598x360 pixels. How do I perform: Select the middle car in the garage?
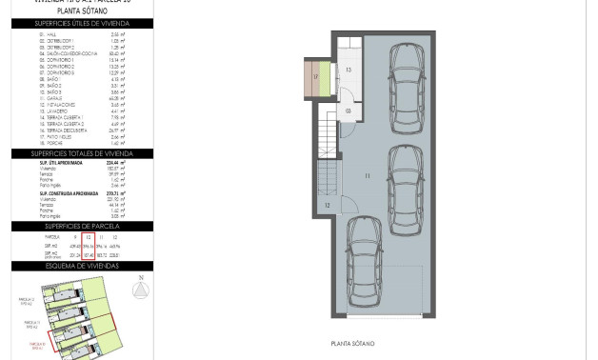tap(407, 180)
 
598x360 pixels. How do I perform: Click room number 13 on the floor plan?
tap(349, 70)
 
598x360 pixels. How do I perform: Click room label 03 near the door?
tap(349, 111)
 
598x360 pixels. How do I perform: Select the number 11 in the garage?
tap(366, 177)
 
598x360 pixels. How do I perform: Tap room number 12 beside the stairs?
tap(327, 205)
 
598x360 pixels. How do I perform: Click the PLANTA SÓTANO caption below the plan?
tap(352, 344)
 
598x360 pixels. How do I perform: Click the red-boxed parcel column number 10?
tap(89, 236)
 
